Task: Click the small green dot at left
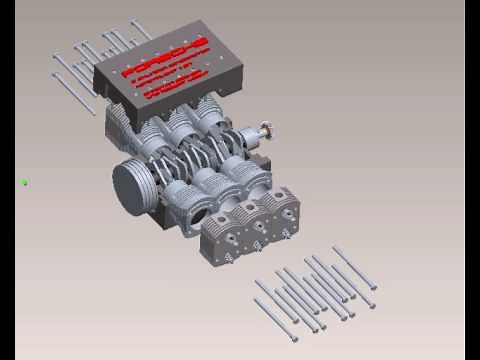pyautogui.click(x=24, y=182)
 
